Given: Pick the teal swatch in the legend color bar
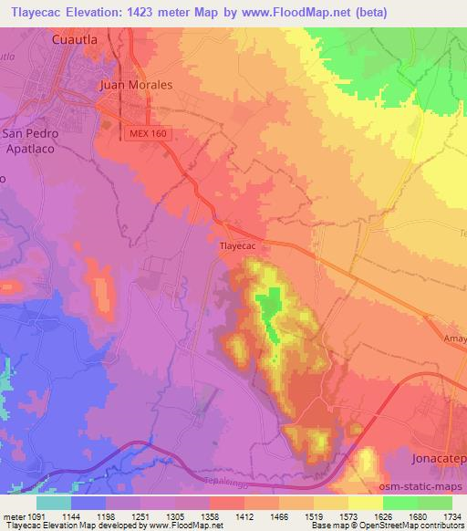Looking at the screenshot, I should click(54, 502).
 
